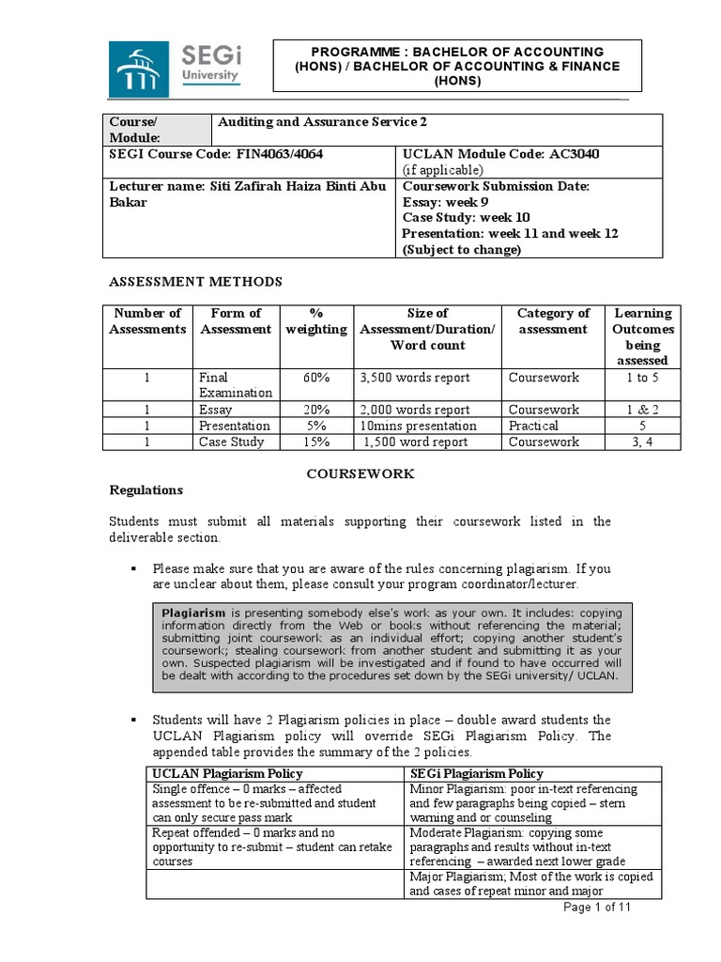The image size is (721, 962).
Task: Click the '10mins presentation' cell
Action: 418,426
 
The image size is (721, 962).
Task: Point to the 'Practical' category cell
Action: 532,426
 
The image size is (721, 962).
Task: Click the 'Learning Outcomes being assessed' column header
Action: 642,336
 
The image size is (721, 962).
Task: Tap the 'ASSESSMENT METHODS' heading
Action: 195,282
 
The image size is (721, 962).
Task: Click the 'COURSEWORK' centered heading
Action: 360,474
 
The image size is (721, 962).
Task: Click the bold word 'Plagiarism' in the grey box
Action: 193,613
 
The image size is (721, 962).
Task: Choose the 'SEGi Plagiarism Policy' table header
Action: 476,773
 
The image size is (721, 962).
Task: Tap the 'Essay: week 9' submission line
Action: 445,201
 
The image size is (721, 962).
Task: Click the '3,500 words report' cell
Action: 414,378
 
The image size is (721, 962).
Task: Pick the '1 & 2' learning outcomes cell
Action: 642,410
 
